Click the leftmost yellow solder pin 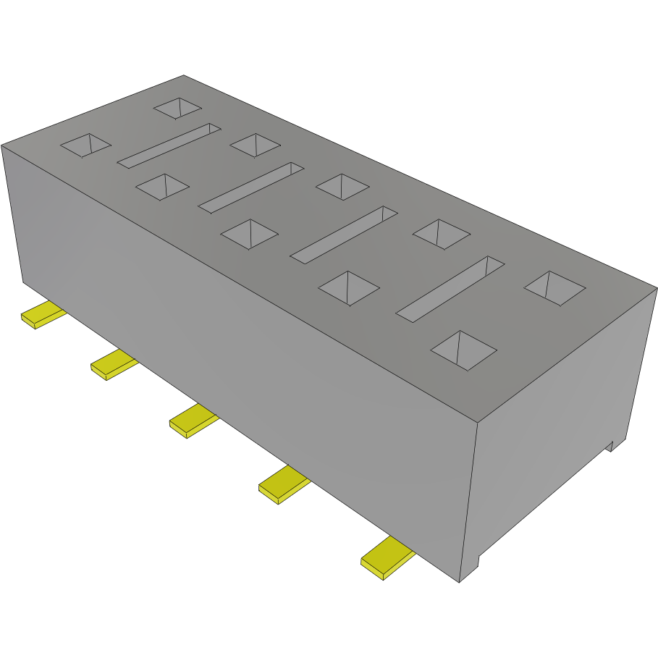click(x=41, y=316)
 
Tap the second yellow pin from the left click(x=111, y=364)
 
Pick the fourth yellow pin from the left click(x=282, y=485)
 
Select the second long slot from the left click(x=250, y=187)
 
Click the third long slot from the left click(x=344, y=234)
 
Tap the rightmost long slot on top click(x=450, y=288)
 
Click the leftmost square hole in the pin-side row click(x=85, y=145)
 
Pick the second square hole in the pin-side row click(x=163, y=186)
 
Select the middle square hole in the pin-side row click(x=249, y=234)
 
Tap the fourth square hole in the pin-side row click(x=349, y=288)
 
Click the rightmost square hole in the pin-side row click(x=463, y=350)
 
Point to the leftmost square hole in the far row click(x=177, y=109)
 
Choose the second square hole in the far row click(x=255, y=144)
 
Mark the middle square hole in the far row click(x=342, y=187)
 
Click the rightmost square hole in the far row click(x=554, y=287)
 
